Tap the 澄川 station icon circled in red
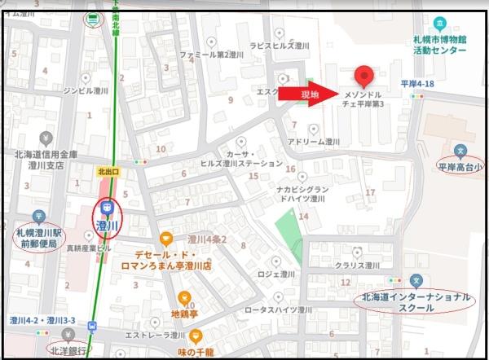[106, 217]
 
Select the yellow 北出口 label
[108, 172]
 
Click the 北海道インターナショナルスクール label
[416, 304]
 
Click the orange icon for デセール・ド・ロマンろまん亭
[166, 239]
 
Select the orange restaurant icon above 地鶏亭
[185, 297]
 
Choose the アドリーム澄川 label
[314, 141]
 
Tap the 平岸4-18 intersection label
[421, 84]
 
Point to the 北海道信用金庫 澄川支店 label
[46, 160]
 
